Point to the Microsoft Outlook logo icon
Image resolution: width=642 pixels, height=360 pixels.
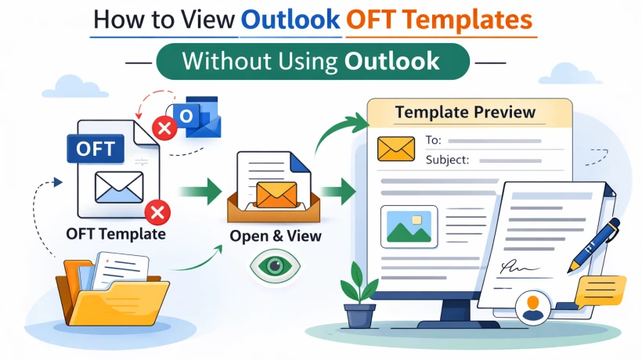[x=198, y=116]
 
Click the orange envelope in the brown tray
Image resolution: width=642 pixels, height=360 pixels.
[x=276, y=193]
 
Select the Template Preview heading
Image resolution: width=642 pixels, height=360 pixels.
[x=465, y=112]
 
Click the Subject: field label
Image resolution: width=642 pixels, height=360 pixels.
[x=447, y=160]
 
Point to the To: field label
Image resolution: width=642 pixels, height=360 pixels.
[x=433, y=141]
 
